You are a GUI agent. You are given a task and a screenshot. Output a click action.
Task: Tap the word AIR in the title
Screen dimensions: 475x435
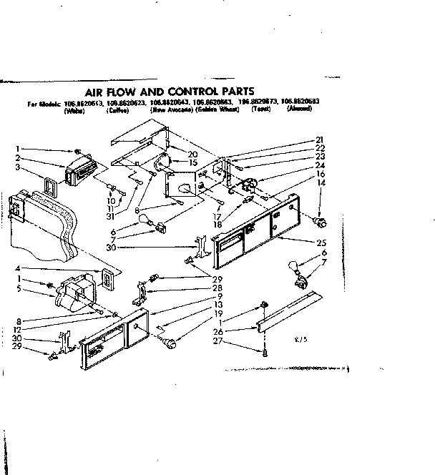click(x=98, y=92)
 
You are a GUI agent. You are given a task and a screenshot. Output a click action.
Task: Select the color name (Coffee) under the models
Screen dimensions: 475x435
click(x=116, y=109)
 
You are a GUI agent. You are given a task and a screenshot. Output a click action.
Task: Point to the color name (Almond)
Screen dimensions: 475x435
click(x=299, y=109)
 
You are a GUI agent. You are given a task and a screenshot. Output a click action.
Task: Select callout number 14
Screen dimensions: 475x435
click(x=320, y=183)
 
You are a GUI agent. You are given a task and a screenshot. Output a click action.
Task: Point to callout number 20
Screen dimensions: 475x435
click(x=192, y=154)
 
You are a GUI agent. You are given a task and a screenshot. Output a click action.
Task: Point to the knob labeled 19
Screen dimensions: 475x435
click(x=170, y=345)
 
